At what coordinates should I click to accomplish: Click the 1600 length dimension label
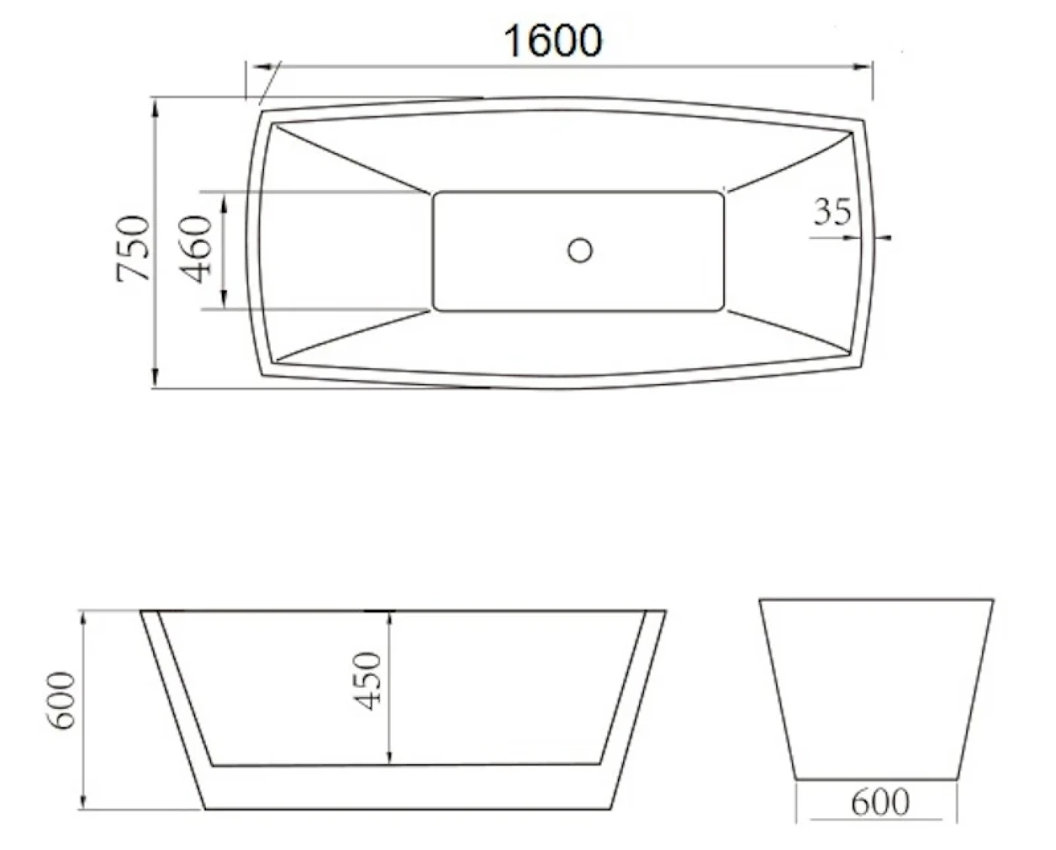tap(553, 41)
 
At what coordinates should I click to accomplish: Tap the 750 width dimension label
tap(133, 248)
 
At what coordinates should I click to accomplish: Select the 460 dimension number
tap(195, 250)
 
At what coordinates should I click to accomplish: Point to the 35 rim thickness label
tap(832, 212)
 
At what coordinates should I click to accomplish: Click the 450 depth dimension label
tap(367, 681)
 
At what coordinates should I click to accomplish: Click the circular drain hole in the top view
tap(580, 250)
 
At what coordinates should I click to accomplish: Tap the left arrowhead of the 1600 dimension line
tap(259, 66)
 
